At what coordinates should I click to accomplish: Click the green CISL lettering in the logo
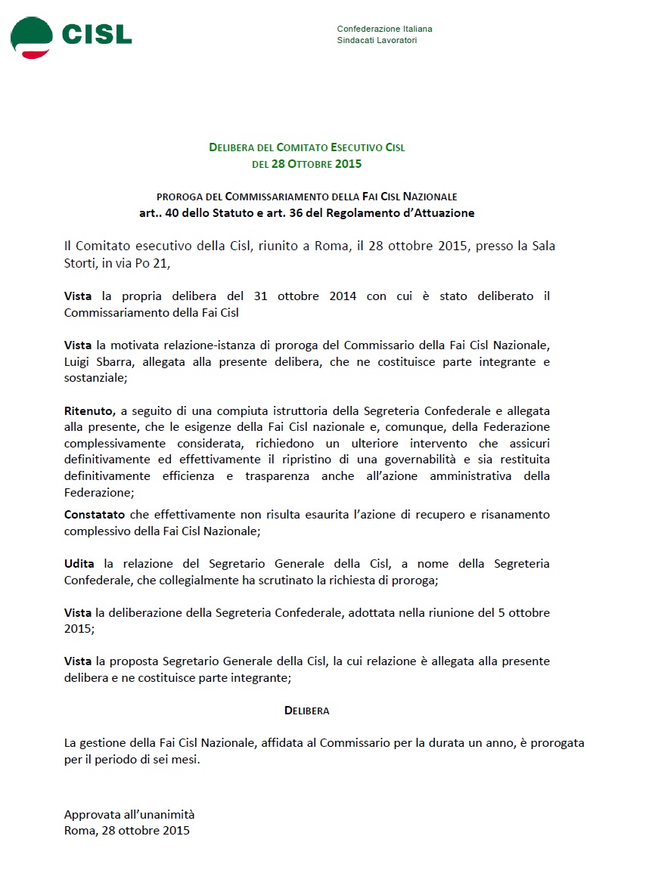[96, 34]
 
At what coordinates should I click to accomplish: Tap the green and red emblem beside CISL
[31, 37]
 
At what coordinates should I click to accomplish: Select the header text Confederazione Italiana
[384, 29]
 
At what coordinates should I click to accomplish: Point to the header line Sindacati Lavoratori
[377, 40]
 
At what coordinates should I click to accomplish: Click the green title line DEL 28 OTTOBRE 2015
[306, 163]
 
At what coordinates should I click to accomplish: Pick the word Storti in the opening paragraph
[81, 263]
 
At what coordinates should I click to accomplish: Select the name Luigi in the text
[78, 361]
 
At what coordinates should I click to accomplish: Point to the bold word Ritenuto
[89, 410]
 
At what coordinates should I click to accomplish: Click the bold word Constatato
[95, 514]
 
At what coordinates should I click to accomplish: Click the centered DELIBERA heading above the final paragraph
[306, 711]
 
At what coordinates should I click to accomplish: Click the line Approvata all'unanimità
[129, 814]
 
